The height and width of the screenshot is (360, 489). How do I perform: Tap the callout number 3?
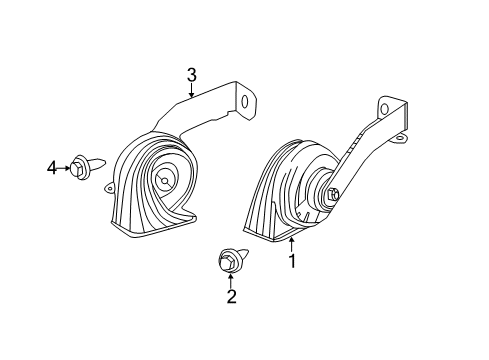tap(191, 74)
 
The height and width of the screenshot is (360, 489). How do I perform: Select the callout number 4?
tap(51, 168)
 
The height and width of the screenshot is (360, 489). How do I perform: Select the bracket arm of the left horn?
tap(200, 115)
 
